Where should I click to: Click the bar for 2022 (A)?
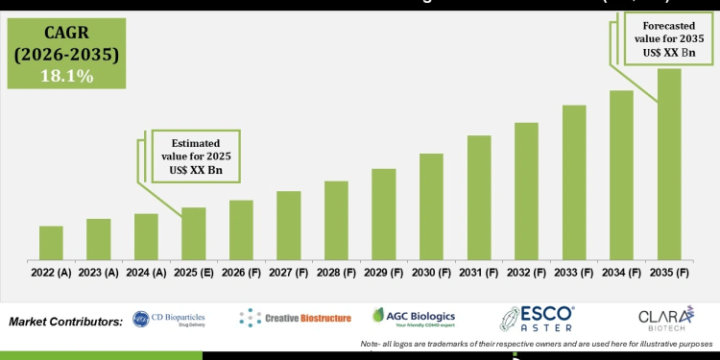tap(51, 243)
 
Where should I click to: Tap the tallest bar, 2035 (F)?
tap(669, 164)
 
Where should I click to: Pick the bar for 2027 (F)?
tap(289, 226)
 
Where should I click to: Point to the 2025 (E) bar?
tap(194, 233)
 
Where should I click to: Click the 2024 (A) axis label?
tap(146, 273)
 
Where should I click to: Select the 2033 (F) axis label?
tap(574, 273)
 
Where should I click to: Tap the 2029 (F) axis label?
tap(384, 273)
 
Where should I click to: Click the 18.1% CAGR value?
tap(66, 76)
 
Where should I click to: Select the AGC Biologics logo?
tap(414, 318)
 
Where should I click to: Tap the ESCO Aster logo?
tap(538, 319)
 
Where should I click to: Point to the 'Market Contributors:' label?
tap(64, 320)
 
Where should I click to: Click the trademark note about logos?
tap(537, 343)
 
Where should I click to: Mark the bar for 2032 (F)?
tap(526, 191)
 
